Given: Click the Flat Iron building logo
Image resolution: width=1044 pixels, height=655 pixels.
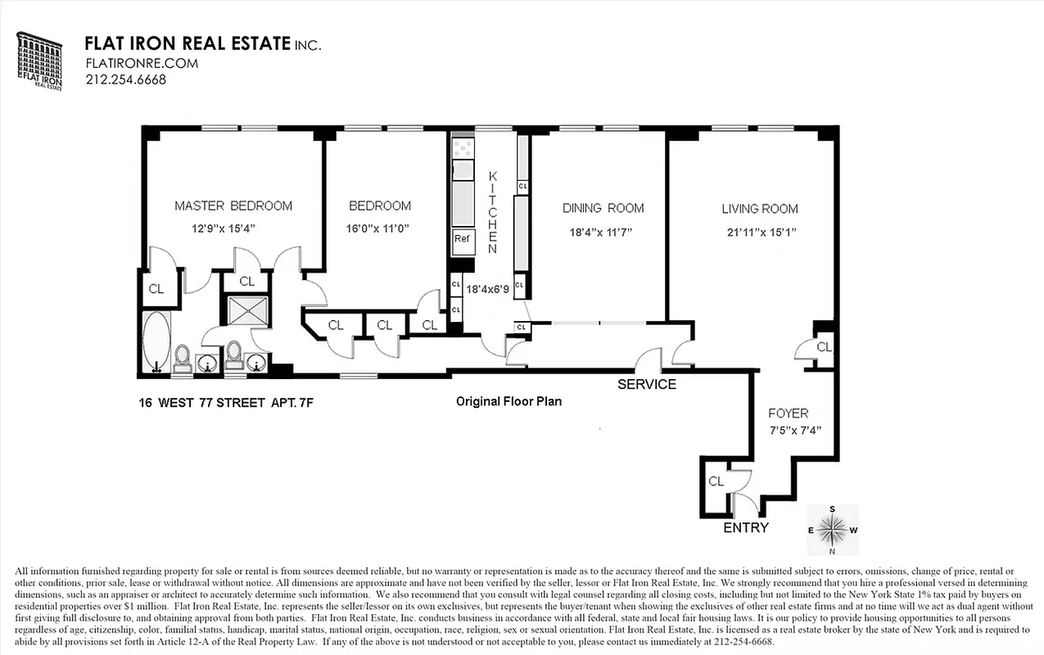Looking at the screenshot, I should coord(38,61).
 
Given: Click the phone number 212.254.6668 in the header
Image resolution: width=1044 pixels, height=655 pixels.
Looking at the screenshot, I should coord(125,79).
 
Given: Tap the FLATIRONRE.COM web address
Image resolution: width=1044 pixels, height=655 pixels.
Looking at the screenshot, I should coord(129,63).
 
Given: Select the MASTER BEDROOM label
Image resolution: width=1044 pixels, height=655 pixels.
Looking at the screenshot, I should coord(233,206).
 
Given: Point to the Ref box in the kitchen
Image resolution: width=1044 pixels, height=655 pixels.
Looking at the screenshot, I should coord(462,239).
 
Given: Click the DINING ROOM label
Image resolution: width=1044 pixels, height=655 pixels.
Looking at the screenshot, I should coord(603,208).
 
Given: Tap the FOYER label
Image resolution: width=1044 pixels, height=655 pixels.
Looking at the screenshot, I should coord(788,413).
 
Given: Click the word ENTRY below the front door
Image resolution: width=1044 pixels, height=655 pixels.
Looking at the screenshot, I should coord(746,527).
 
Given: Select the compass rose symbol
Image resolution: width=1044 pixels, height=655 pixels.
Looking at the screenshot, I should coord(833,531).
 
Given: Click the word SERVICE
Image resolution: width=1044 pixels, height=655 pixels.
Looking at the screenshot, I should coord(646,384).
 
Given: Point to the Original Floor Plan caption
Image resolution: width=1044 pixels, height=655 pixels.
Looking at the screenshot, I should coord(508,401).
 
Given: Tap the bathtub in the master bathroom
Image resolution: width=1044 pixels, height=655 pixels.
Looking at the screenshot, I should coord(156,341).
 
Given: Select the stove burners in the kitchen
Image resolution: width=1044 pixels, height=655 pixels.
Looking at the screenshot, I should coord(463,147).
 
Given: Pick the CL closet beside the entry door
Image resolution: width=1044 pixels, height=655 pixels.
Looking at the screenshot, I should coord(716,481).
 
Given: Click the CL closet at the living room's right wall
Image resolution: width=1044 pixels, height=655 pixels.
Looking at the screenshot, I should coord(824,347).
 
